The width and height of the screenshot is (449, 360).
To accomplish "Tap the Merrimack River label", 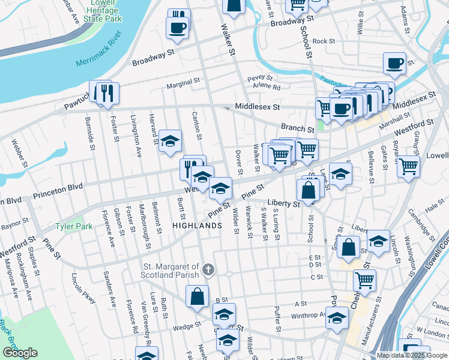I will (95, 55).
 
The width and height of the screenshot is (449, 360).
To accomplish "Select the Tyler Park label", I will (74, 227).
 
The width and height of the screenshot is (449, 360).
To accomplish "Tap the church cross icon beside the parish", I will (208, 269).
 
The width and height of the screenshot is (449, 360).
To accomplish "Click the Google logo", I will (20, 353).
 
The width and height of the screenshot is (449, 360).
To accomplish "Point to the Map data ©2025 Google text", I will (412, 355).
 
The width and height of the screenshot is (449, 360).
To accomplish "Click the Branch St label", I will (298, 129).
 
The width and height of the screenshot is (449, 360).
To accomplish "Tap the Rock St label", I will (324, 41).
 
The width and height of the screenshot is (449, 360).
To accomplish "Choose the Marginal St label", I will (182, 85).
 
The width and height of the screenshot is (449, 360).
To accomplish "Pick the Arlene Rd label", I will (267, 87).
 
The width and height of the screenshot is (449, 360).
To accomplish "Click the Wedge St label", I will (187, 326).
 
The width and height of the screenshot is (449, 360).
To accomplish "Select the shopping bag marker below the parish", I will (197, 296).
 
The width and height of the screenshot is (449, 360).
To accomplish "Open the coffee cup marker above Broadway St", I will (178, 28).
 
